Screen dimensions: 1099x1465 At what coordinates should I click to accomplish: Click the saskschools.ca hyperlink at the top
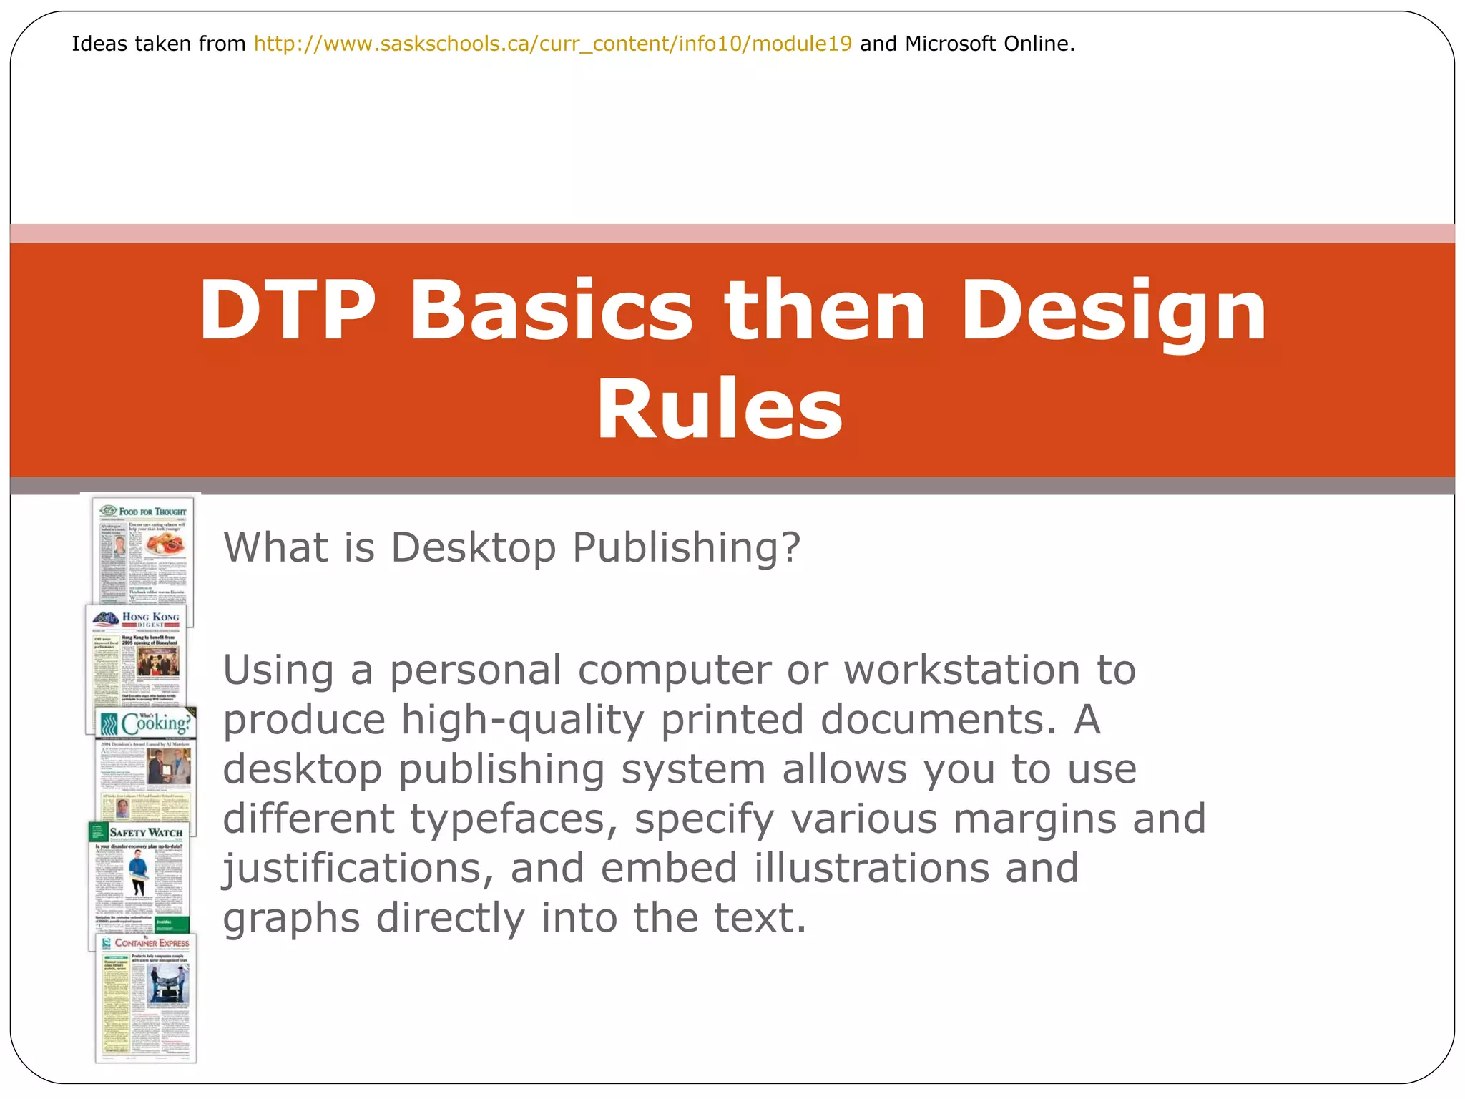click(553, 44)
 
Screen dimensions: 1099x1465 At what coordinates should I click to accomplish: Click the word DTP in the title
click(288, 311)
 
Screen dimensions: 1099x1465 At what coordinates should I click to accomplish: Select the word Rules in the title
click(720, 409)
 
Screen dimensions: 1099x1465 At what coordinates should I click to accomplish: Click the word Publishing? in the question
click(687, 548)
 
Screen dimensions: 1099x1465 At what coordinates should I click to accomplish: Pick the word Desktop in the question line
click(474, 548)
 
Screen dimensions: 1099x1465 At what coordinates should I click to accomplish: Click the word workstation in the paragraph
click(962, 670)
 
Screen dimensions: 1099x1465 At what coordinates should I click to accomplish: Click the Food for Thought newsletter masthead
click(152, 512)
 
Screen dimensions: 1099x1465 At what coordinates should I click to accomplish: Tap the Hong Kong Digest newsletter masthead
click(150, 618)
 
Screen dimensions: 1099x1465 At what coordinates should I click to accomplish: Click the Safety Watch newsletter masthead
click(146, 832)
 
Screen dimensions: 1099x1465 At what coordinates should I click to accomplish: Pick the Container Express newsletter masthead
click(152, 943)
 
